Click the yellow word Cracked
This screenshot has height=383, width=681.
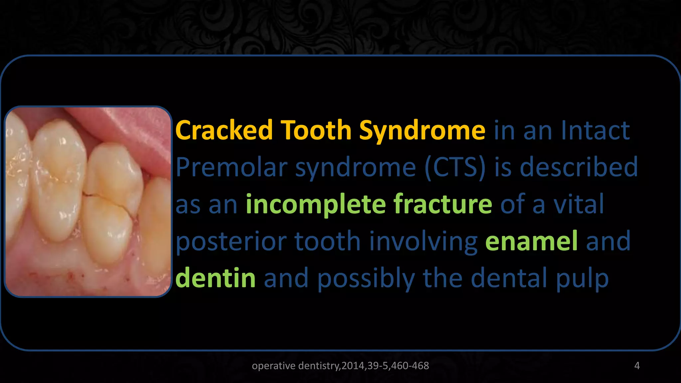224,130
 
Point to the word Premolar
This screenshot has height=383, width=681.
231,167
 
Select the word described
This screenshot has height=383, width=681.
579,167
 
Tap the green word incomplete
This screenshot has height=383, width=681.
315,204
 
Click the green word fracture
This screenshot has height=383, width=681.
443,204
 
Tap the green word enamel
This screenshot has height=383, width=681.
531,241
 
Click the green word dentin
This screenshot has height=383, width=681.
215,278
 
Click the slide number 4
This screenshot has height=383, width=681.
637,366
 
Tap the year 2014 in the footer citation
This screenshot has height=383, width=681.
353,366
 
